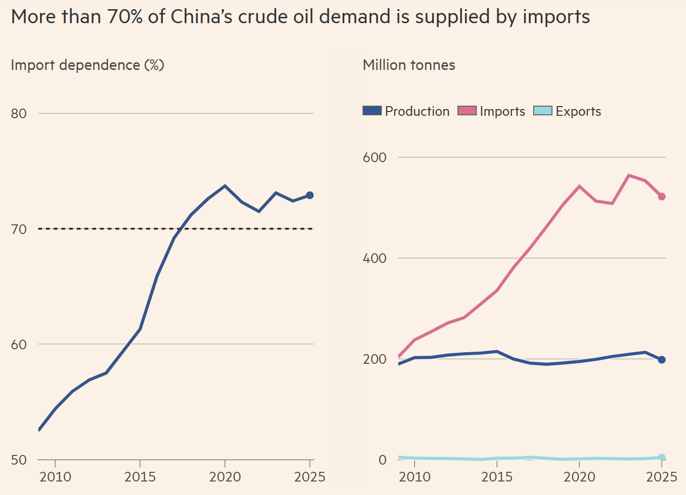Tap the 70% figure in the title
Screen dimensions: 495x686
point(125,17)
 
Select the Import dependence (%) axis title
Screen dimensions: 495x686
point(87,65)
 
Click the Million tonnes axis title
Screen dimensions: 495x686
point(409,65)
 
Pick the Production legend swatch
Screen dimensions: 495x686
point(372,111)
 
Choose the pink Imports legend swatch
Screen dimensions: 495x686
point(467,111)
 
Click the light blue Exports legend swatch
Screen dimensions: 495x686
point(542,111)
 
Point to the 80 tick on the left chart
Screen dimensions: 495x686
point(19,114)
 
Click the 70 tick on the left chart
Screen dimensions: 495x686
point(19,229)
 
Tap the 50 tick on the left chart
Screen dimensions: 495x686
point(19,460)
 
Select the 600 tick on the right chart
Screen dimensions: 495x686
point(375,158)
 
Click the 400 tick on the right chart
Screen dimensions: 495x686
point(375,259)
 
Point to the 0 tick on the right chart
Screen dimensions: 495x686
point(382,460)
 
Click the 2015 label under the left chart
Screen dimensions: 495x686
point(140,477)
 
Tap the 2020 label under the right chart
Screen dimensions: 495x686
point(579,477)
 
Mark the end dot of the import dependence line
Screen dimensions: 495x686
point(310,195)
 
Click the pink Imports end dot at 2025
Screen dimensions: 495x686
point(662,196)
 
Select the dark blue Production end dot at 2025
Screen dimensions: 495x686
point(662,359)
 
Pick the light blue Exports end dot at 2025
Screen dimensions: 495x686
point(662,457)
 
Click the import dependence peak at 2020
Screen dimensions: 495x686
point(225,186)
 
